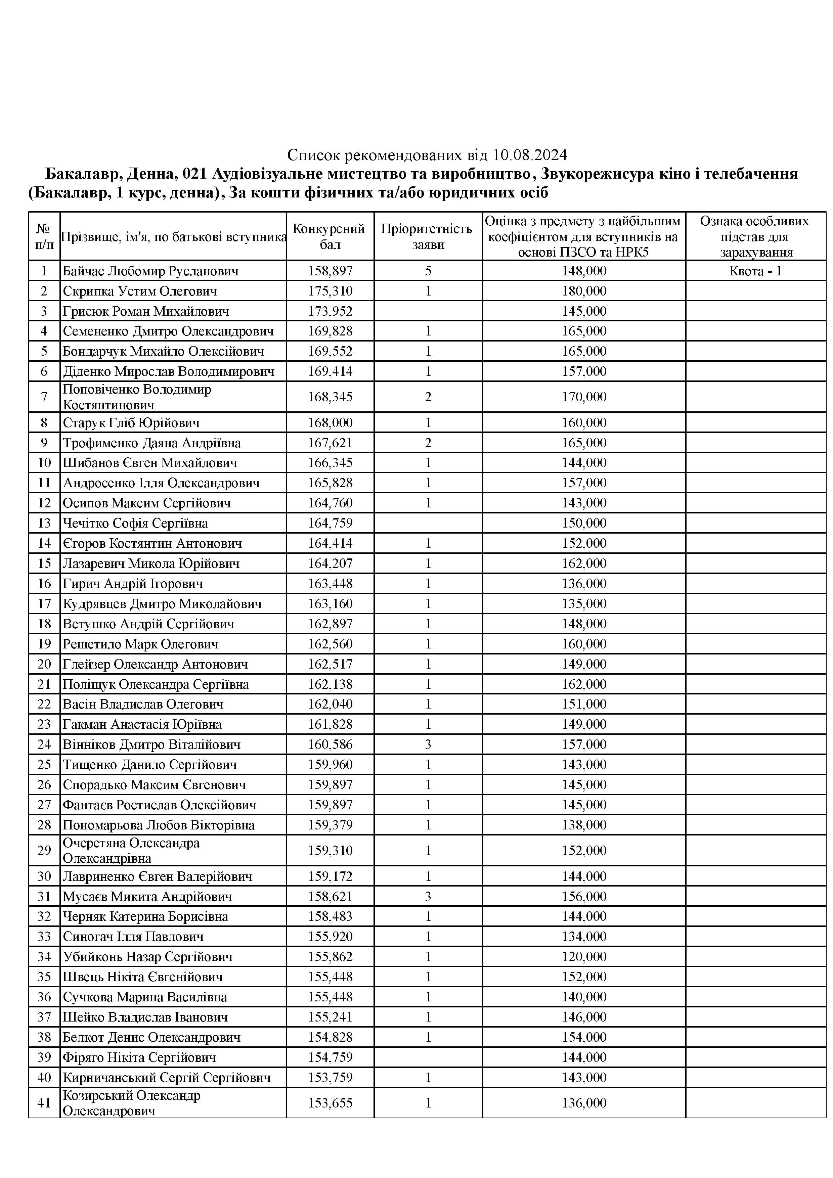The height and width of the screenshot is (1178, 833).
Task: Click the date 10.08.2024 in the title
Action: [x=530, y=154]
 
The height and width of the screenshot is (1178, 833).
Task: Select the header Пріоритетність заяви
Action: [x=428, y=236]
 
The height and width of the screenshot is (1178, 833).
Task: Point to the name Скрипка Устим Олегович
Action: [x=140, y=291]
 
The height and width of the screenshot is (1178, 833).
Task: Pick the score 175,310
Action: [x=330, y=291]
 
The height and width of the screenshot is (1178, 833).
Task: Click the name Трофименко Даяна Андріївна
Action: [x=151, y=443]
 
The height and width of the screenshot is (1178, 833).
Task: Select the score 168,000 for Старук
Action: [x=330, y=423]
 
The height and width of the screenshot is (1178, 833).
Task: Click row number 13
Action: [x=44, y=523]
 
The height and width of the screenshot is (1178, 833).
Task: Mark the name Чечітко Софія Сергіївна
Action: [x=135, y=523]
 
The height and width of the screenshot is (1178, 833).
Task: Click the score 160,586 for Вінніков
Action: [x=330, y=744]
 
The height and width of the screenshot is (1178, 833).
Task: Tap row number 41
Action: [x=44, y=1103]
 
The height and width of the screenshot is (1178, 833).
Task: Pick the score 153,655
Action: [x=330, y=1103]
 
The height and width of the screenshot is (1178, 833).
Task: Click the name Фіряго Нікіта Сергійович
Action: [x=139, y=1057]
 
